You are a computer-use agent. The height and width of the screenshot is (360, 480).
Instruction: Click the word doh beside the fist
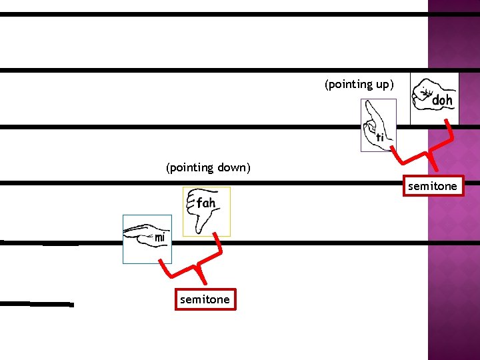tap(442, 101)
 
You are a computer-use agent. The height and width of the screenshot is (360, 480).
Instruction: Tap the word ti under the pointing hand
tap(380, 137)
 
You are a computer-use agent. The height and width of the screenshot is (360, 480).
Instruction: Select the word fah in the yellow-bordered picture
tap(205, 202)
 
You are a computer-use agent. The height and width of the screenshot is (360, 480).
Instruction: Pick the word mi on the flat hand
tap(160, 237)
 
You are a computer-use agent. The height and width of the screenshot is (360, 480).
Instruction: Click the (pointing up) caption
tap(359, 85)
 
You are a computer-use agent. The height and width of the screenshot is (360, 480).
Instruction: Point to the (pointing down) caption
tap(208, 168)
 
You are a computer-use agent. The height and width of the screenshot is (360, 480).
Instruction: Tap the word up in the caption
tap(383, 85)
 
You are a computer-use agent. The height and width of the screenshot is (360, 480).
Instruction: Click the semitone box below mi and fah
tap(205, 300)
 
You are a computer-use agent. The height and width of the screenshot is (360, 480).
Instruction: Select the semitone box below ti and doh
tap(433, 187)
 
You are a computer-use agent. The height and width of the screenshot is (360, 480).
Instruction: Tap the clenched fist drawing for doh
tap(423, 95)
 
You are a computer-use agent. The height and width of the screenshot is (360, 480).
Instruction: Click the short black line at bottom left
tap(37, 304)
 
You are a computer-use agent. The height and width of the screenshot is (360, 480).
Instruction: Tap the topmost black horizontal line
tap(213, 14)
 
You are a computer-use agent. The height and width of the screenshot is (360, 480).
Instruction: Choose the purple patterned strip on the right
tap(453, 267)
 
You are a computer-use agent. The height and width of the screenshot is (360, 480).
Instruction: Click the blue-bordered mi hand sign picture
tap(147, 239)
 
